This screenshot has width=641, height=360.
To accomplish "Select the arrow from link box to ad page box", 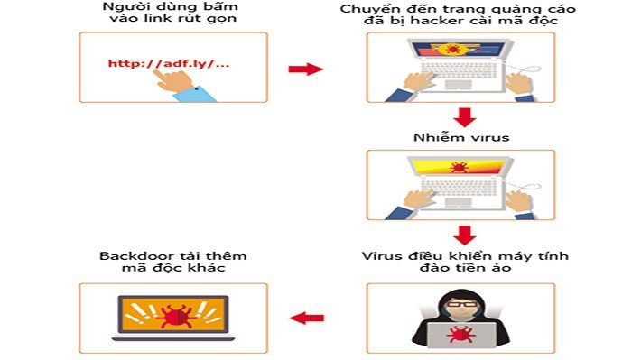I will [305, 69].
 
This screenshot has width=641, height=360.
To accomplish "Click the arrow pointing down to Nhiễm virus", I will [464, 117].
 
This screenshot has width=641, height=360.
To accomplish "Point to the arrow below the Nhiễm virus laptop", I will [464, 235].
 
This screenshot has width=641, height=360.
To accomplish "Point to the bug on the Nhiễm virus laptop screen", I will [458, 167].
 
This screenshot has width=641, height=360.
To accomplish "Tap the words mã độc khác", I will [172, 270].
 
